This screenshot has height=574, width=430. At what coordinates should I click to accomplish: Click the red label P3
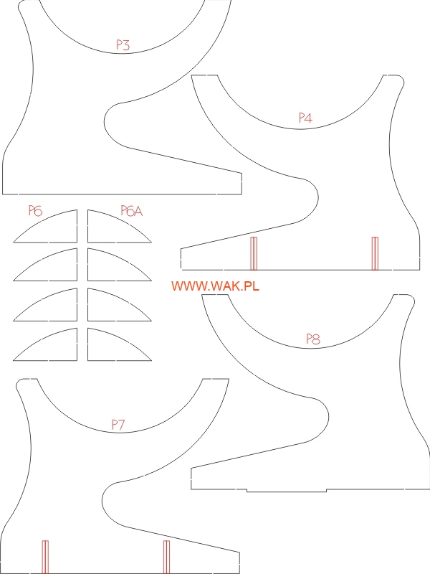(x=123, y=45)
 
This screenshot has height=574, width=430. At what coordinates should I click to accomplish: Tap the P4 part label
(x=306, y=118)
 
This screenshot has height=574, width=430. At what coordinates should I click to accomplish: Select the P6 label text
(x=36, y=210)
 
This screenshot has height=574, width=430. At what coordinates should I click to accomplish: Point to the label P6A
(x=132, y=210)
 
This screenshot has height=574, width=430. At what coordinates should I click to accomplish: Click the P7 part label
(x=118, y=425)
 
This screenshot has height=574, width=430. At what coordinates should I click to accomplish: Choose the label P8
(x=312, y=339)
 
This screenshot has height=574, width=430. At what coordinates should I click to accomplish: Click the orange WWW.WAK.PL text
(x=215, y=286)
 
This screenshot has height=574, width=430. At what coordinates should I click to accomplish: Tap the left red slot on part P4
(x=253, y=253)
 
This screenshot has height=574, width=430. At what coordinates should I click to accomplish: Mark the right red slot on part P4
(x=374, y=253)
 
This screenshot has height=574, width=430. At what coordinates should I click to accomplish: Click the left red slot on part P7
(x=45, y=557)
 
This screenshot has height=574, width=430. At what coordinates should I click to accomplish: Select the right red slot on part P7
(x=166, y=557)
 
